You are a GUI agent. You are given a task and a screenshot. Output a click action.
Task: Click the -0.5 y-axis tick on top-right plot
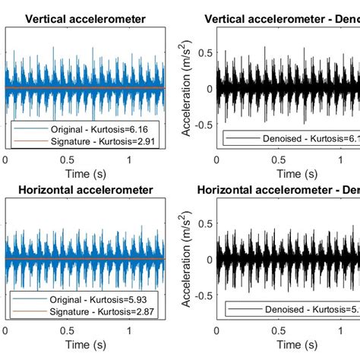tap(201, 123)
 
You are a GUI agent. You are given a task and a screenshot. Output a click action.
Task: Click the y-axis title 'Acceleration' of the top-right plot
tap(186, 87)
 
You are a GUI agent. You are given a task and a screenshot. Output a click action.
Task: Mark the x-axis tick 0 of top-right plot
tap(216, 159)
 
